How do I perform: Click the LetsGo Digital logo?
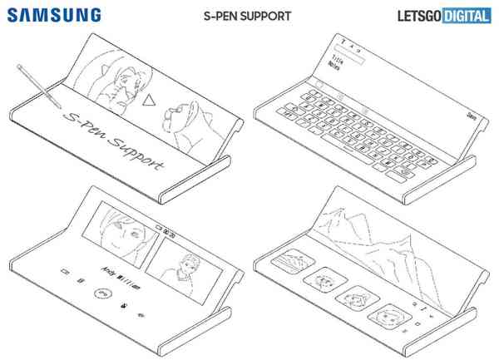click(439, 15)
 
